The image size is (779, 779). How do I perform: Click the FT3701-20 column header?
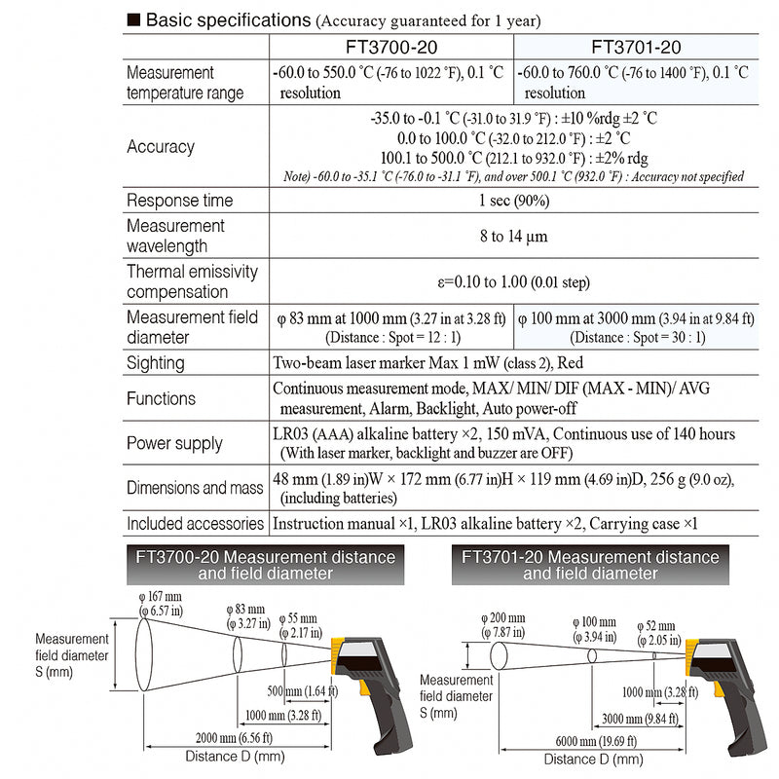point(636,47)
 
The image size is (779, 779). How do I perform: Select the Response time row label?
point(180,201)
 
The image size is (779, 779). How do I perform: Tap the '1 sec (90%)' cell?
point(513,201)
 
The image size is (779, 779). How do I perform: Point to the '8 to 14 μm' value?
point(513,236)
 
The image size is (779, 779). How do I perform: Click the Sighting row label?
point(155,363)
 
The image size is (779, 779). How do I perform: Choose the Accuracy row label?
point(161,147)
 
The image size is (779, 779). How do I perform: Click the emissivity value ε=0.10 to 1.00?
point(513,282)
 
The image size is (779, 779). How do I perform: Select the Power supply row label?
point(174,444)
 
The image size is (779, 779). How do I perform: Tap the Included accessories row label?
point(196,524)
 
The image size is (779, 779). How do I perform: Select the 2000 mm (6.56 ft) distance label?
point(235,736)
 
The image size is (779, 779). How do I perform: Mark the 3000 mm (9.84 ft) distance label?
point(642,720)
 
